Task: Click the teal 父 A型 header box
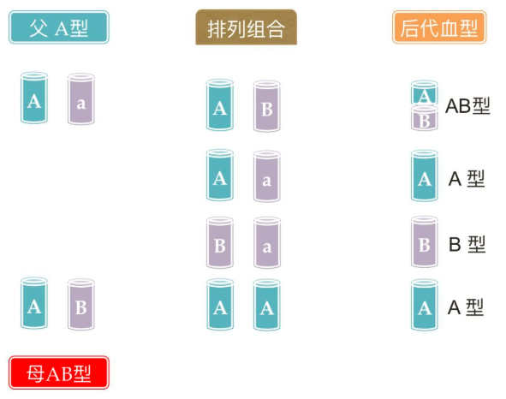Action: pos(59,27)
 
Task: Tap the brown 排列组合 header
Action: pos(247,27)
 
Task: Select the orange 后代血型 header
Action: pos(439,27)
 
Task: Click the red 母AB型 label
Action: pos(59,372)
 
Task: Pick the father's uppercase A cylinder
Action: pos(34,98)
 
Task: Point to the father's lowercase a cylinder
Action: pos(81,99)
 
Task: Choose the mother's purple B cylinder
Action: pos(81,305)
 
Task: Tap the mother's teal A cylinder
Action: pos(34,303)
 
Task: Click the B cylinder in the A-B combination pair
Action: pos(267,106)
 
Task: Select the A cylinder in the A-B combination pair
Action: pos(220,105)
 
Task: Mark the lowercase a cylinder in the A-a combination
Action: pos(267,176)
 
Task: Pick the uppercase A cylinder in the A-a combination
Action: pos(220,175)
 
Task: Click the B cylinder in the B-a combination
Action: pos(220,242)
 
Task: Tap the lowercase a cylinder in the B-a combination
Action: pos(267,242)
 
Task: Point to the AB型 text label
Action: pos(467,105)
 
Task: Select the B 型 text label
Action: pos(467,244)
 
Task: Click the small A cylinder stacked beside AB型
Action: pos(425,93)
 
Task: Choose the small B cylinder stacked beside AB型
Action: pos(425,118)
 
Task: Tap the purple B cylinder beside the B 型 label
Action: pos(425,241)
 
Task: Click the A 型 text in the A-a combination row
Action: pos(467,179)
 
